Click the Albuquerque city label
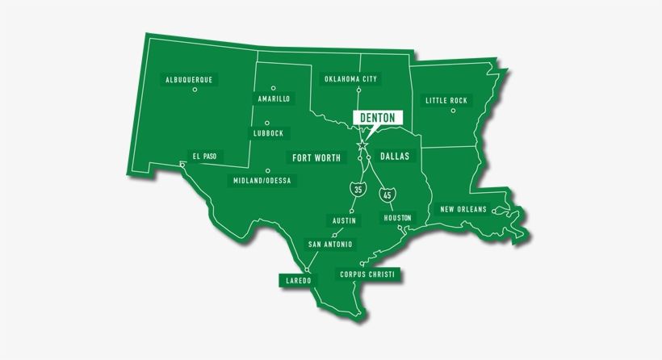click(189, 80)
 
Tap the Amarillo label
click(274, 99)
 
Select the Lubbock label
click(268, 133)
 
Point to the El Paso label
click(203, 156)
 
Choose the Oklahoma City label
click(350, 79)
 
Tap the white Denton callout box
click(377, 118)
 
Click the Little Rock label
click(446, 101)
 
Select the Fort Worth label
click(316, 157)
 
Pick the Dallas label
click(395, 157)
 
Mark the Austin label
click(344, 220)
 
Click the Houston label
click(397, 218)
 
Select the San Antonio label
click(329, 244)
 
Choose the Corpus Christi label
click(367, 274)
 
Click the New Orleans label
click(463, 210)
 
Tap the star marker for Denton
click(361, 145)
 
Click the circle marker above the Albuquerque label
click(195, 90)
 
